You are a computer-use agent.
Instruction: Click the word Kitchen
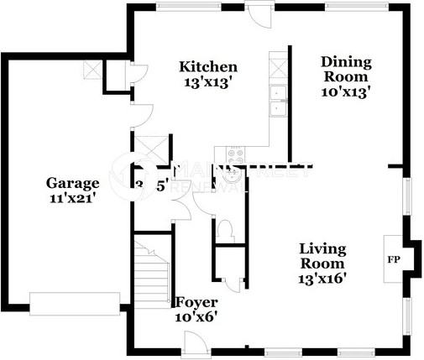[209, 66]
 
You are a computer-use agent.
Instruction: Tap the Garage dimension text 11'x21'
[72, 198]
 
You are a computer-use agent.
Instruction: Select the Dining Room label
[346, 69]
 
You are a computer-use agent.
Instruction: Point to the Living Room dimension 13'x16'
[323, 277]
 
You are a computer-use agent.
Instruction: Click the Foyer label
[196, 302]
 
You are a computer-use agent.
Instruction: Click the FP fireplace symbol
[392, 258]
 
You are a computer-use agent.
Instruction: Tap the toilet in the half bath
[223, 229]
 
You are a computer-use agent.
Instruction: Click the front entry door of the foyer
[193, 342]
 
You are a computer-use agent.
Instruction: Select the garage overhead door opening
[64, 300]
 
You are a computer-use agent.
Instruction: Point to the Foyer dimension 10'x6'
[196, 317]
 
